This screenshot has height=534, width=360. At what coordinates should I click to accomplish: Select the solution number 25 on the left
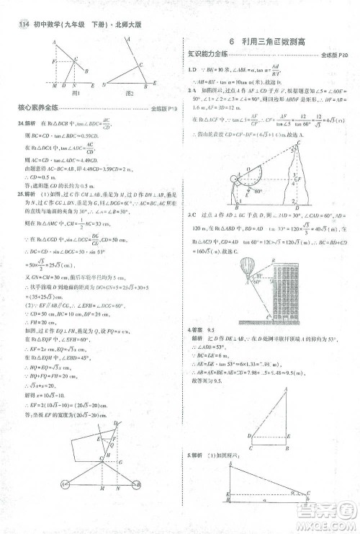[19, 195]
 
